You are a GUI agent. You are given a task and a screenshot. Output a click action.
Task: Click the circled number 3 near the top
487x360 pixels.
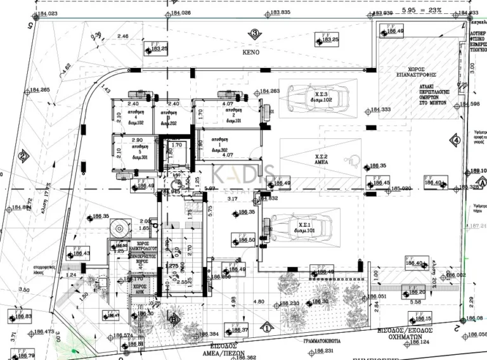[254, 34]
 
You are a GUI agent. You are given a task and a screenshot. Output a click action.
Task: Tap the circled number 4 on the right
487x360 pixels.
[455, 140]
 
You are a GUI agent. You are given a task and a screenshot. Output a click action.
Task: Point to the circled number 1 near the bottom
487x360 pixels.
[267, 328]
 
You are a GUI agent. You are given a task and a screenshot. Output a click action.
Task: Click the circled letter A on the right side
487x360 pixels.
[482, 181]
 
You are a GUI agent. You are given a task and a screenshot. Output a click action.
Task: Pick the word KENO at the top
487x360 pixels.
[251, 53]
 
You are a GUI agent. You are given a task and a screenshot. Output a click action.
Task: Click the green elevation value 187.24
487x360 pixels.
[477, 226]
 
